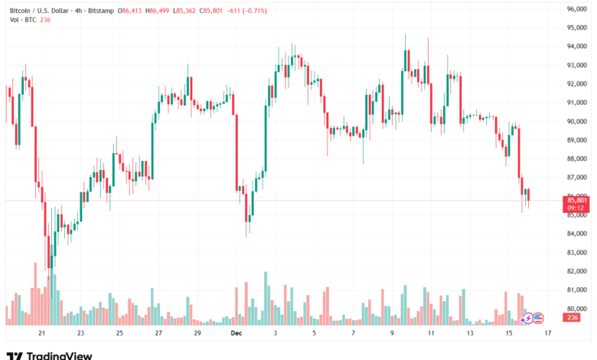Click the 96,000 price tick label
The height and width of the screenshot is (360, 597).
[x=576, y=8]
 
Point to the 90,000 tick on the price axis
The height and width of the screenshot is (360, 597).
[x=576, y=121]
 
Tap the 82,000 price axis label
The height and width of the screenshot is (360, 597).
[x=576, y=271]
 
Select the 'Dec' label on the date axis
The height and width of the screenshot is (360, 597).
[x=237, y=334]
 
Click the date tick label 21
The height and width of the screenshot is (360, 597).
[x=42, y=334]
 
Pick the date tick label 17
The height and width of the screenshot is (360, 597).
[x=547, y=334]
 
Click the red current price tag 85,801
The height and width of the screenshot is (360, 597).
[x=576, y=200]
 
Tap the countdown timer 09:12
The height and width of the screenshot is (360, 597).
[x=576, y=208]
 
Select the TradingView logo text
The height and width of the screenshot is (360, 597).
[x=60, y=355]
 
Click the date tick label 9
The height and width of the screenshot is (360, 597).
[x=392, y=334]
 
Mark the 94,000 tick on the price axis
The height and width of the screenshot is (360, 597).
[x=576, y=46]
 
